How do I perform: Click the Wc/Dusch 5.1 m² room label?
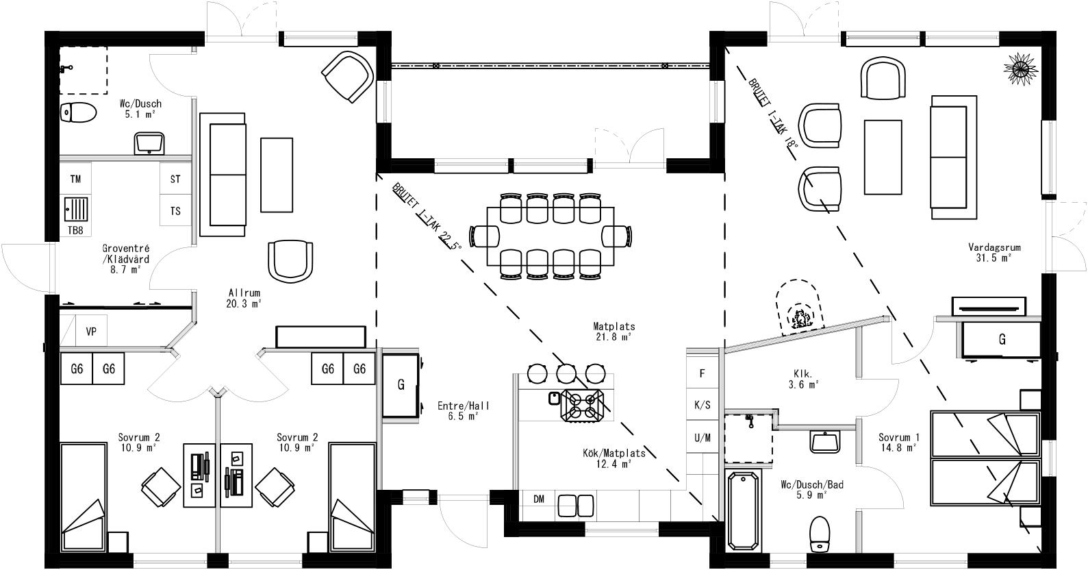tap(140, 109)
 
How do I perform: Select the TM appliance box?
tap(75, 179)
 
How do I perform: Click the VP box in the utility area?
tap(91, 332)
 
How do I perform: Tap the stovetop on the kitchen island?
tap(582, 404)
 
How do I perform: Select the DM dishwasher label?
tap(539, 499)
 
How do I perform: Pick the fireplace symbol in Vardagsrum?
tap(798, 308)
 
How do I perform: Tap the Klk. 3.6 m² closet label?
tap(803, 380)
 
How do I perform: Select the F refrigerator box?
tap(702, 374)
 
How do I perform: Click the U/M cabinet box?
tap(702, 437)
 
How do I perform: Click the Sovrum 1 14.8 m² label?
tap(898, 442)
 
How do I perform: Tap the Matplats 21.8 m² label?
tap(614, 332)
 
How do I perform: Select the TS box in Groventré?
tap(175, 211)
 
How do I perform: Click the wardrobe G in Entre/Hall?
tap(401, 384)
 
